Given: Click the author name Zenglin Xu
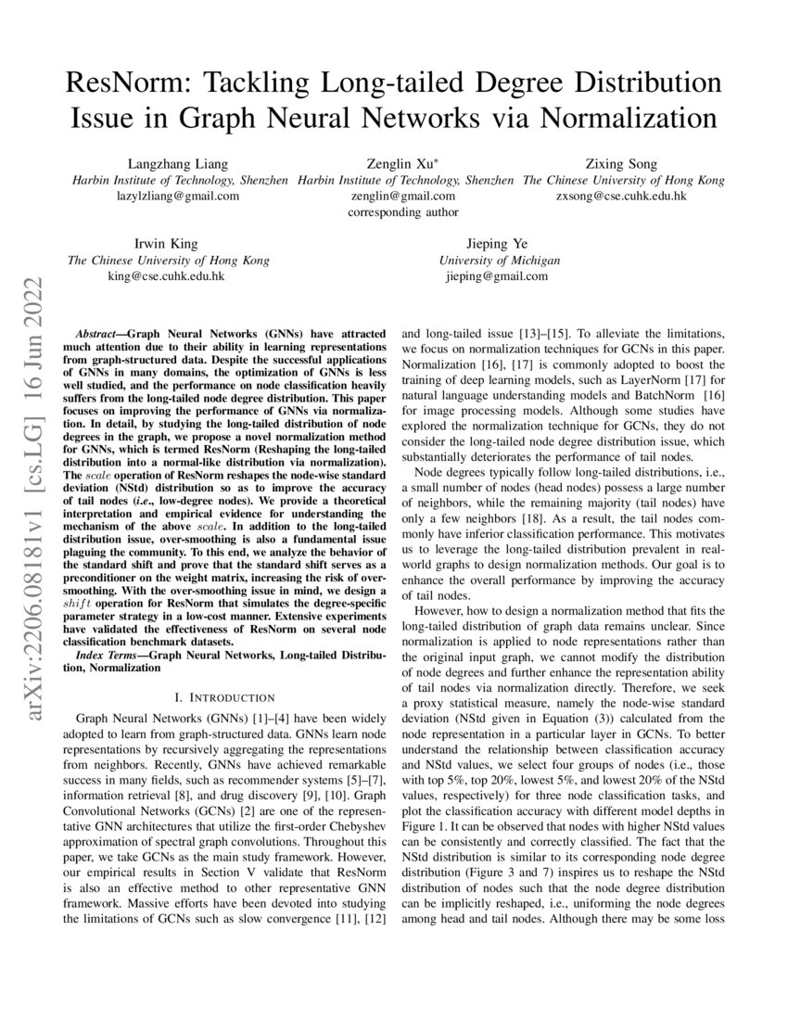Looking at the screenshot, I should pos(401,164).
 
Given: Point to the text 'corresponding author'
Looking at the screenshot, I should pos(402,211).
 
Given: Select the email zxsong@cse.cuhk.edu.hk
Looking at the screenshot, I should pos(621,196).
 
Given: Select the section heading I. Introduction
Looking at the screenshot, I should pos(224,696).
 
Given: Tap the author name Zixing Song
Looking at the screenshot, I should pos(620,164).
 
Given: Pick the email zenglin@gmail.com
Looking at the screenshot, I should pos(402,196).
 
